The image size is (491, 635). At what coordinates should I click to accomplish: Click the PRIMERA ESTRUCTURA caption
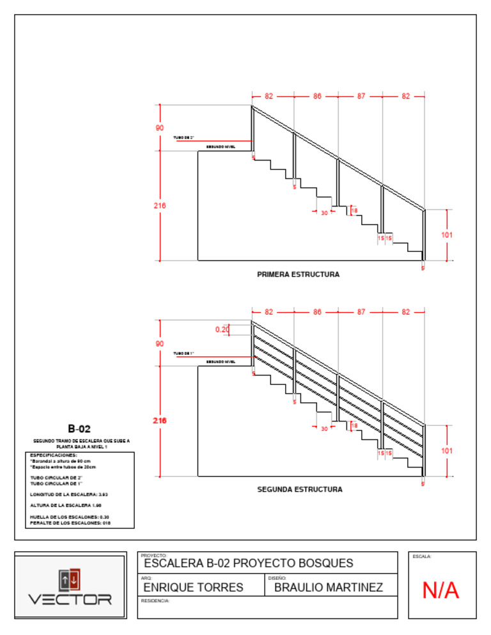[x=298, y=274]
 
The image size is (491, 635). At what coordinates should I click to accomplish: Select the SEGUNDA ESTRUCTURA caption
[x=299, y=489]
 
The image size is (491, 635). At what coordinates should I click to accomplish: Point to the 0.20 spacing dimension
[x=222, y=329]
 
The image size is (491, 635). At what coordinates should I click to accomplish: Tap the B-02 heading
[x=81, y=428]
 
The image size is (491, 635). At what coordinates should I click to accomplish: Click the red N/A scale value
[x=440, y=591]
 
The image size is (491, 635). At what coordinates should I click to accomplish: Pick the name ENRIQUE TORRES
[x=193, y=587]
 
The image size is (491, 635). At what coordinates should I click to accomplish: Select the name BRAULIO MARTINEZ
[x=329, y=587]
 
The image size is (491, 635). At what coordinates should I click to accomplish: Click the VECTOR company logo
[x=70, y=586]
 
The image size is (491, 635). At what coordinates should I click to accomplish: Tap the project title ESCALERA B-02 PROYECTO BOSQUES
[x=248, y=563]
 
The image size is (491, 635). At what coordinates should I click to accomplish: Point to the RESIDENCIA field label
[x=155, y=601]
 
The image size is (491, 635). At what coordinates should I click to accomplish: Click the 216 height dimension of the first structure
[x=159, y=206]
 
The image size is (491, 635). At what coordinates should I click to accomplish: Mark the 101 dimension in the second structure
[x=447, y=450]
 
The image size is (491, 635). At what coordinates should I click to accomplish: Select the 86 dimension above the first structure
[x=317, y=97]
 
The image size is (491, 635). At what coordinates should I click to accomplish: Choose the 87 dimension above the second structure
[x=361, y=312]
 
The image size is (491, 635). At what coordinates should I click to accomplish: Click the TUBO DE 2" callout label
[x=183, y=137]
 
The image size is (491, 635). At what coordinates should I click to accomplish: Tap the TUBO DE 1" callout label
[x=183, y=353]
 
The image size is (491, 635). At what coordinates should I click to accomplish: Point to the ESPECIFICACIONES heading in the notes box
[x=54, y=455]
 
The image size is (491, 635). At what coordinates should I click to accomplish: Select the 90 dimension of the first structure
[x=159, y=128]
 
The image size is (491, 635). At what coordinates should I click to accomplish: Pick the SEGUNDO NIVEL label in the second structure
[x=221, y=361]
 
